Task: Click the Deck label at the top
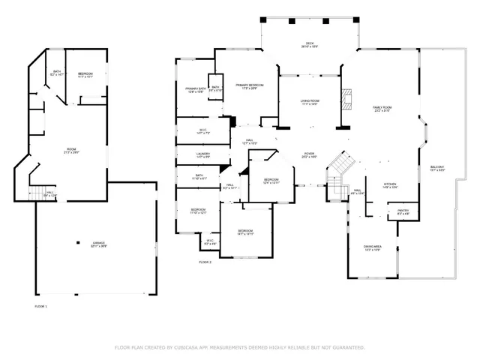309,44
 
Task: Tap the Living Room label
310,101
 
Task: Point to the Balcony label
437,167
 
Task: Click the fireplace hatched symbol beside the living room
346,98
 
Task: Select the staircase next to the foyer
342,163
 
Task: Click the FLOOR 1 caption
40,307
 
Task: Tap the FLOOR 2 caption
205,262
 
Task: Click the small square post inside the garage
79,241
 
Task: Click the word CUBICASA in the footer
190,347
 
